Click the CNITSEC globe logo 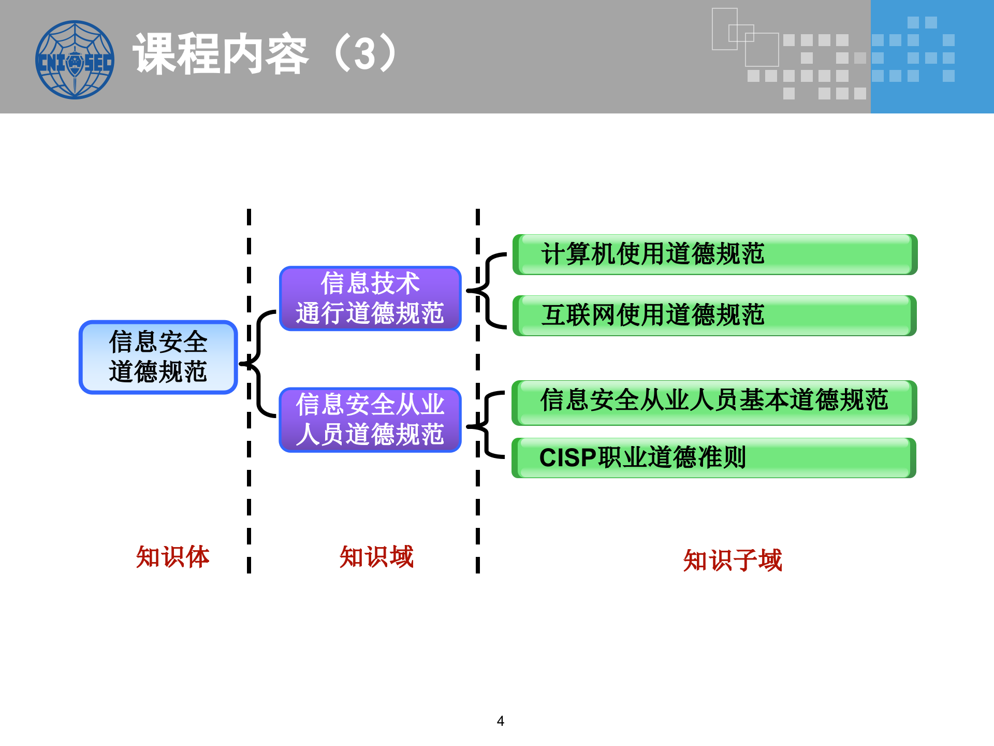point(75,60)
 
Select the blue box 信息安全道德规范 point(158,357)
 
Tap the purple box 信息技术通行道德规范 point(370,298)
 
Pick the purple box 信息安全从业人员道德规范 point(370,420)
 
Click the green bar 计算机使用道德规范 point(714,254)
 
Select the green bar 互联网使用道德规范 point(714,315)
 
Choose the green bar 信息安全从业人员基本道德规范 point(714,403)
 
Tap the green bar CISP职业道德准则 point(714,458)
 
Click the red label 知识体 point(172,557)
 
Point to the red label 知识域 point(376,557)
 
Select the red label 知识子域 point(732,561)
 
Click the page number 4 point(500,721)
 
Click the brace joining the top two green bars point(487,291)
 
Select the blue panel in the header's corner point(932,56)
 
